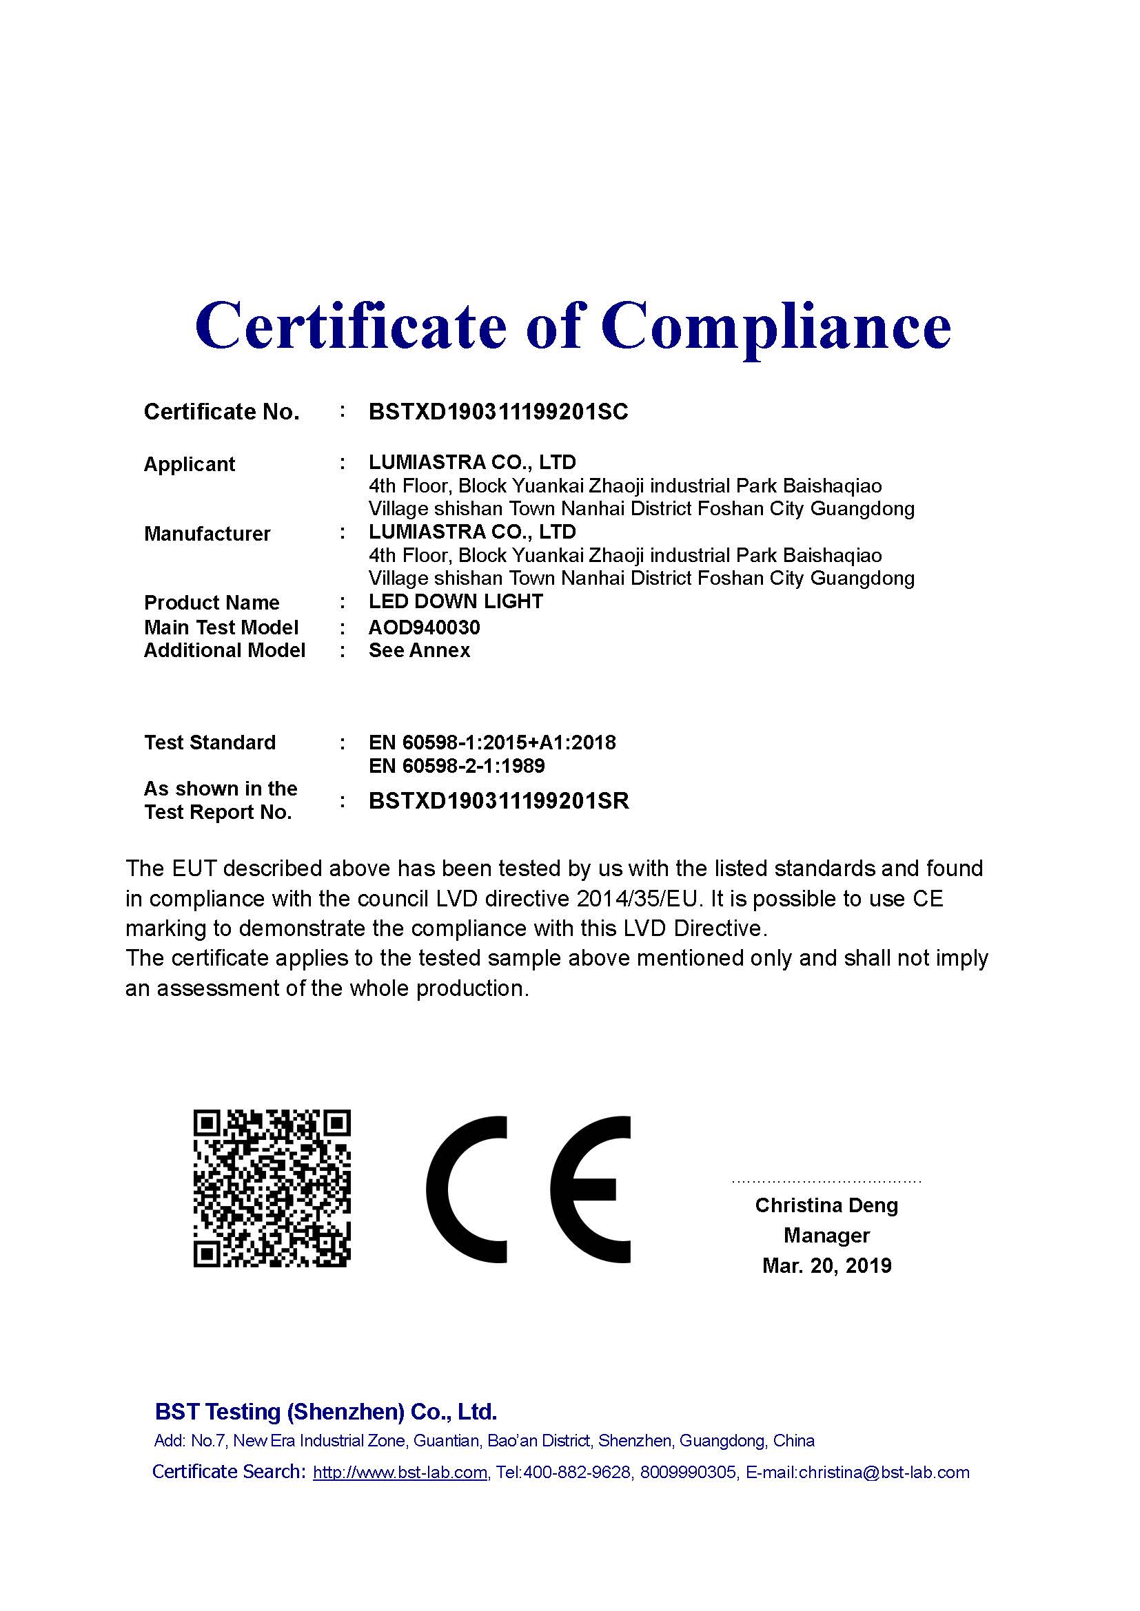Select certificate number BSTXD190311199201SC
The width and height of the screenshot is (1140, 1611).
498,412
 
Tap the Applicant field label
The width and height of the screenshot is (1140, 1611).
190,464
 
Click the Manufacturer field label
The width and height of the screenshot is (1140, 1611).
207,534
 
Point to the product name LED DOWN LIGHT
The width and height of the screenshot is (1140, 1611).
456,601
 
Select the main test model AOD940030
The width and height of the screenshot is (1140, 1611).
424,627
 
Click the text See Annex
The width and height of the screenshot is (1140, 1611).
419,650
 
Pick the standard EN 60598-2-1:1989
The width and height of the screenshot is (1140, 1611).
456,765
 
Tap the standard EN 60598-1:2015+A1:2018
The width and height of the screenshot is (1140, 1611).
492,742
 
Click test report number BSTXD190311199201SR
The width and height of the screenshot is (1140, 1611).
498,800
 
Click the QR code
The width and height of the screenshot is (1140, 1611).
272,1189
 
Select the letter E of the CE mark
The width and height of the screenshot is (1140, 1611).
590,1189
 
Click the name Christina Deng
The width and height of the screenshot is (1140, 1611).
826,1205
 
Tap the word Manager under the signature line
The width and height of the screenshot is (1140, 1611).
826,1236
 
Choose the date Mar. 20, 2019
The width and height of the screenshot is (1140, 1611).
827,1266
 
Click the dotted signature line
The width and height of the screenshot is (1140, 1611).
826,1182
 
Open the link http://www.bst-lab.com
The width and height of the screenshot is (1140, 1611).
400,1473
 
